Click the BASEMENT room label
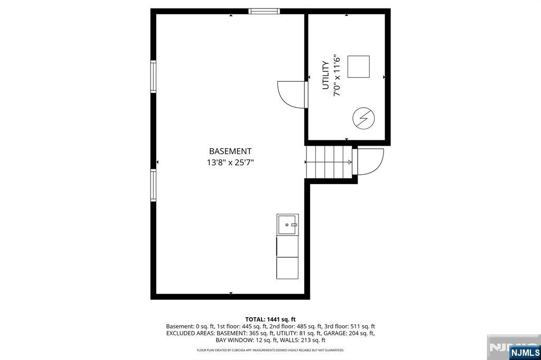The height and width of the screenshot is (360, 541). [230, 151]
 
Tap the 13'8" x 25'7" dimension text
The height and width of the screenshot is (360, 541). [230, 163]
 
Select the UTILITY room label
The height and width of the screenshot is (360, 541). [325, 75]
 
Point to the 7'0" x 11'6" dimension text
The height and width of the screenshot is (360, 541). [337, 75]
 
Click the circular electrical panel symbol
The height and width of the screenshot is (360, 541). [363, 118]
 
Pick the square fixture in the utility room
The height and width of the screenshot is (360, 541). [359, 67]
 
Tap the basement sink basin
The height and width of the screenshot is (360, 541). [287, 225]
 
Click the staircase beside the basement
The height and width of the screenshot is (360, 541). [329, 162]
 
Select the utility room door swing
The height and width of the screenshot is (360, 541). [292, 94]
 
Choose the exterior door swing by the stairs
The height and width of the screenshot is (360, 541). [370, 162]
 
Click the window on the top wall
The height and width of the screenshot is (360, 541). [264, 11]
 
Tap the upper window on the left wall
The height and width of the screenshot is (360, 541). [153, 77]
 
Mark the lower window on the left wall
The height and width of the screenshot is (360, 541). [153, 185]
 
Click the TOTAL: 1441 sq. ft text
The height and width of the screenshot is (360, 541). [270, 319]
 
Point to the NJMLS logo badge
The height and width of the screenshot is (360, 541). [525, 352]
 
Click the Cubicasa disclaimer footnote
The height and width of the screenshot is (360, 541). [270, 350]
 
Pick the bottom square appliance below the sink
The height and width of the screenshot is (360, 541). [287, 268]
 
